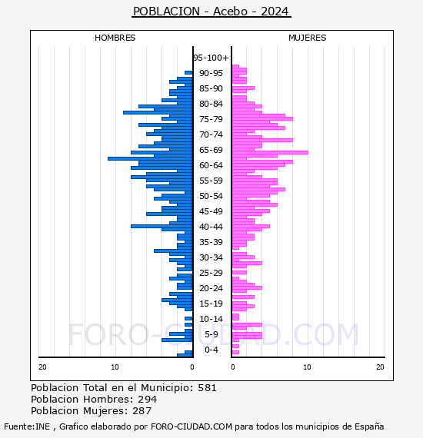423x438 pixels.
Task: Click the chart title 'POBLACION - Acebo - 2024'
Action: (x=211, y=12)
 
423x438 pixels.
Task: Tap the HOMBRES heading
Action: (x=115, y=38)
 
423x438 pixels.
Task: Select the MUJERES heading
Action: (x=308, y=38)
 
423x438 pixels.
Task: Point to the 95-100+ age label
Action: (x=211, y=58)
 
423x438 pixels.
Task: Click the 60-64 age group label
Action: (x=211, y=165)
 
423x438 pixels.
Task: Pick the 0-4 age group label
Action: (x=211, y=350)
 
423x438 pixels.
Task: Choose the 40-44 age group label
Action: (x=211, y=227)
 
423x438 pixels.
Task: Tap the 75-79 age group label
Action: (x=211, y=119)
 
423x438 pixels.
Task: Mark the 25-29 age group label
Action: (x=211, y=273)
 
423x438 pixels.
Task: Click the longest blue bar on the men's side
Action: (x=151, y=158)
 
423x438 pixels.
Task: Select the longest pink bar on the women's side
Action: (x=270, y=152)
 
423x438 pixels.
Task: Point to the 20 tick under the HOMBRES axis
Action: (x=42, y=367)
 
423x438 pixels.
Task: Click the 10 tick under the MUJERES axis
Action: (x=307, y=367)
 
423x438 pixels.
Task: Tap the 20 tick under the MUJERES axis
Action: (x=380, y=367)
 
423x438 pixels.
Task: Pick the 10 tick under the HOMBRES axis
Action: (x=115, y=367)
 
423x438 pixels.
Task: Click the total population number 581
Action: (x=207, y=388)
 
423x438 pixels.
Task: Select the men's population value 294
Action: (x=148, y=400)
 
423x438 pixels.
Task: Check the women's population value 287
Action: (x=142, y=411)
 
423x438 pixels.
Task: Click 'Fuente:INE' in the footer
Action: (x=27, y=426)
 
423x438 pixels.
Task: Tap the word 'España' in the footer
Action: (x=369, y=427)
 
